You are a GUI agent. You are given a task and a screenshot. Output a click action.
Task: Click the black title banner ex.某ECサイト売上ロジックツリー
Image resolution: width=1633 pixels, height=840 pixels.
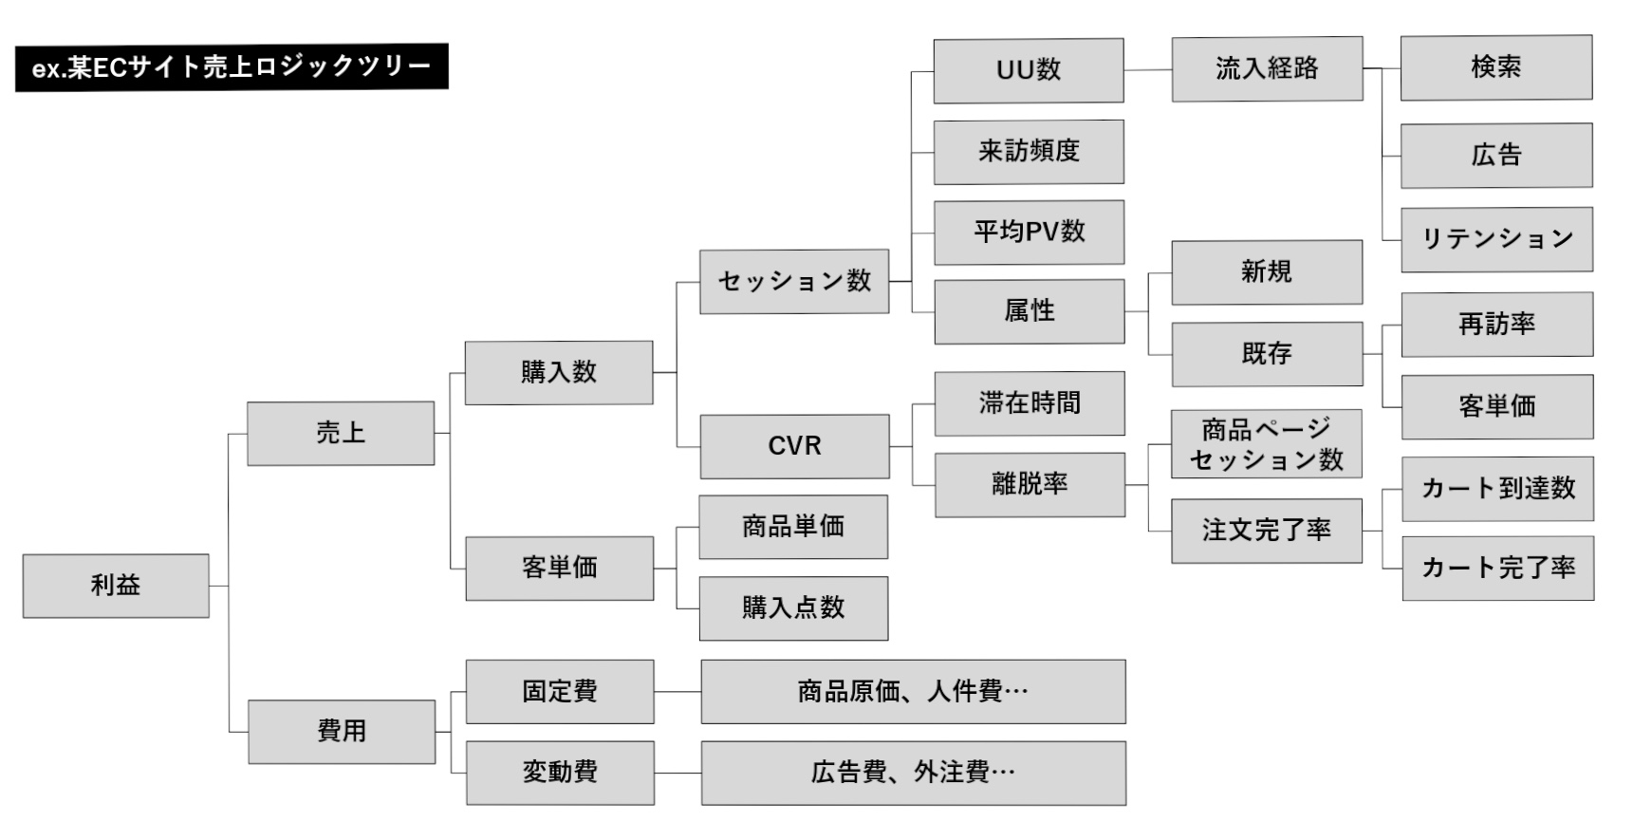click(x=231, y=67)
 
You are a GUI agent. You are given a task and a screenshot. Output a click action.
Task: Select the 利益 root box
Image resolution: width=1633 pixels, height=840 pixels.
click(x=116, y=586)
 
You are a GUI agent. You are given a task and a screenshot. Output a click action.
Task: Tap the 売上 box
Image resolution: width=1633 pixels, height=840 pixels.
click(x=341, y=433)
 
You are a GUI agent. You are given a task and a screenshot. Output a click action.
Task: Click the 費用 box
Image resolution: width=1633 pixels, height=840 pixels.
click(x=342, y=731)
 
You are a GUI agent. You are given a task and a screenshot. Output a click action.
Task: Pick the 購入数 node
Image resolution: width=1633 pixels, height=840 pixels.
click(x=559, y=372)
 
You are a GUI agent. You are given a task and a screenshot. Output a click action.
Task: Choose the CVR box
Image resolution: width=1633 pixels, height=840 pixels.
click(x=794, y=446)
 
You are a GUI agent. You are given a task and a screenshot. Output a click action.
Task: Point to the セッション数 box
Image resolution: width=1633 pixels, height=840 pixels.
click(x=794, y=281)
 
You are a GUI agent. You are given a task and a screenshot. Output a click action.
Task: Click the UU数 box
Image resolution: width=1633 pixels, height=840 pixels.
click(x=1029, y=70)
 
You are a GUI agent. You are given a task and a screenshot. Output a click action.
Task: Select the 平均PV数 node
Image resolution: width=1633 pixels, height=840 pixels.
click(x=1029, y=232)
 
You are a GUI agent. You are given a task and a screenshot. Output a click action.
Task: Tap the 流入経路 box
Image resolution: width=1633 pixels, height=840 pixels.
click(x=1267, y=68)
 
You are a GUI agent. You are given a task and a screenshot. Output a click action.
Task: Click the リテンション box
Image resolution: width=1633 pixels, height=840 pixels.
click(x=1496, y=239)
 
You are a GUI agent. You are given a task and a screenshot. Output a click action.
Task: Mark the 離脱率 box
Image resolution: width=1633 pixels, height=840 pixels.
click(x=1030, y=484)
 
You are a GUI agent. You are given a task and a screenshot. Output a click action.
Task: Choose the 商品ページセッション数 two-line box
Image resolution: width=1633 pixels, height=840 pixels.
click(x=1267, y=444)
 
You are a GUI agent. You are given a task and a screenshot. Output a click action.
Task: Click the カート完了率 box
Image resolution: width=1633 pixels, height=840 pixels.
click(x=1497, y=568)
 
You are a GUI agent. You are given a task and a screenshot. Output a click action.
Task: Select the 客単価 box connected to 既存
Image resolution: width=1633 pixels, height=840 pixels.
click(x=1496, y=406)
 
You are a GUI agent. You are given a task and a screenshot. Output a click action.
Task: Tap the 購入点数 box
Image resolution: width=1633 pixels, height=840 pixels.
click(x=793, y=607)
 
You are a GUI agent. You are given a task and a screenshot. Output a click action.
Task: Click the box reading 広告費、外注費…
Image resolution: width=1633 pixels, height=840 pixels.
click(x=913, y=773)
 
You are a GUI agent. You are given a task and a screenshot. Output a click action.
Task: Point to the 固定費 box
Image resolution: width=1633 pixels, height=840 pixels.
click(x=560, y=691)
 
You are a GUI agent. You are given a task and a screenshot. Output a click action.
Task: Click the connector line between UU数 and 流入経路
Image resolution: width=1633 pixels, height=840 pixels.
click(x=1148, y=69)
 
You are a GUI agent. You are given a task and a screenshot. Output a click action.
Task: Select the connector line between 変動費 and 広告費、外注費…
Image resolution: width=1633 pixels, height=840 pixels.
click(x=677, y=773)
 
